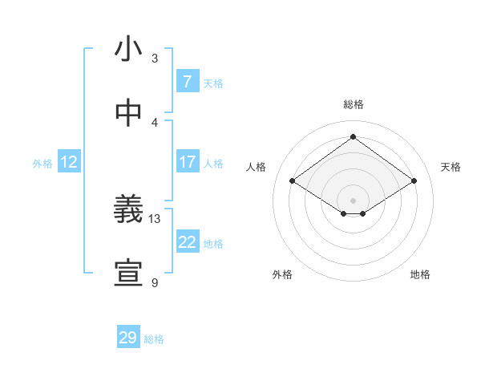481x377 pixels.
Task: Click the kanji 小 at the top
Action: point(127,50)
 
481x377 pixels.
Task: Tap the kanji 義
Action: point(127,210)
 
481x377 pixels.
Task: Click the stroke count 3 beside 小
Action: point(155,59)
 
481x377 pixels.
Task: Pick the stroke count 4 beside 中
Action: point(155,122)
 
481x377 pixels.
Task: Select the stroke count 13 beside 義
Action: point(155,218)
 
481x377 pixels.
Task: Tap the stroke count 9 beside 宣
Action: point(155,282)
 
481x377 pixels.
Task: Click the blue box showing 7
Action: point(187,82)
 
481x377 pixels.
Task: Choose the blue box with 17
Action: point(187,162)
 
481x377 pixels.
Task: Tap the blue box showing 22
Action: point(187,242)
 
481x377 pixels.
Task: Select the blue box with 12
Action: point(69,162)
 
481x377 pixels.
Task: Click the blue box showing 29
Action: point(127,338)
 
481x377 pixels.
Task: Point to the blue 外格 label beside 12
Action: point(42,163)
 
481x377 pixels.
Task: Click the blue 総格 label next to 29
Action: point(154,339)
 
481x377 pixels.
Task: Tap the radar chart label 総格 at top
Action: point(353,104)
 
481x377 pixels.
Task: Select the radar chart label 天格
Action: point(451,167)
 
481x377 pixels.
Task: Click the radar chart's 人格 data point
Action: point(293,181)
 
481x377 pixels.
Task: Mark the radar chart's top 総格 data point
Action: point(353,136)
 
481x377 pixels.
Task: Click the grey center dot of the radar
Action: point(353,199)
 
